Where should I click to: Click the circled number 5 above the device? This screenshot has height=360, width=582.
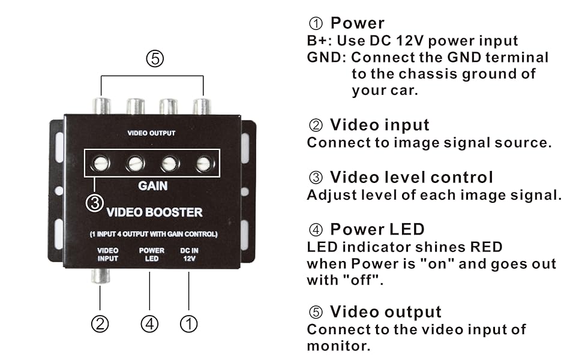tap(155, 59)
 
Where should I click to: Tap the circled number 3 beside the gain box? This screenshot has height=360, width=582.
tap(95, 203)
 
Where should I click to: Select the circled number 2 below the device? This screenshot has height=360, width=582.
tap(100, 323)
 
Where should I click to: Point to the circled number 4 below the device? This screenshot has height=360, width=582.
tap(149, 323)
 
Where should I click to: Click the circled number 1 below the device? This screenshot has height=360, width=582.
tap(188, 323)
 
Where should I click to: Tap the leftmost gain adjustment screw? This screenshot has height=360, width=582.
tap(100, 163)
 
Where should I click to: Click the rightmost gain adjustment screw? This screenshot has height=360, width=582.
tap(204, 163)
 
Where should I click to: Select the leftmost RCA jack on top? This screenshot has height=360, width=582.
tap(101, 106)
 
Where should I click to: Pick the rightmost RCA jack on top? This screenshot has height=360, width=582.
tap(202, 106)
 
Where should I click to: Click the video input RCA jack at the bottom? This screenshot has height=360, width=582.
tap(100, 276)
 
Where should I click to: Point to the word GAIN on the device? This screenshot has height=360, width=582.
tap(152, 185)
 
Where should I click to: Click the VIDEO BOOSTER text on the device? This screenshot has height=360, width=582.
tap(154, 212)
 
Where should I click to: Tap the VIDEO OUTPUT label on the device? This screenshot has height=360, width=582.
tap(151, 133)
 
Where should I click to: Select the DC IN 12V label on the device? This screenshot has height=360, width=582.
tap(189, 254)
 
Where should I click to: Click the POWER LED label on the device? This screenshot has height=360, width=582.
tap(151, 254)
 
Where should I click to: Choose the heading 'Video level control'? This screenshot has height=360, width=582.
tap(412, 177)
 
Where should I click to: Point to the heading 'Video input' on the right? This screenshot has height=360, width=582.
tap(380, 125)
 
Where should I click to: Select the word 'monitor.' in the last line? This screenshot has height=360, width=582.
tap(338, 346)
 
